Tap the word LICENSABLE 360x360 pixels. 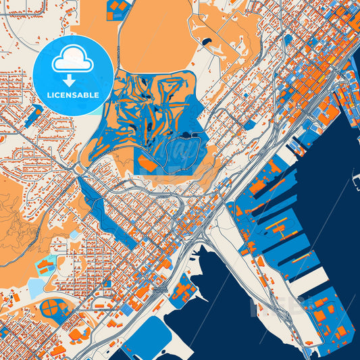73,95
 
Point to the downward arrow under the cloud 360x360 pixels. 73,80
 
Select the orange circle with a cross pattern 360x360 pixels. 49,310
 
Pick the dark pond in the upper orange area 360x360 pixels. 206,43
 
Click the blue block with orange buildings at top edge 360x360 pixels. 118,9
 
